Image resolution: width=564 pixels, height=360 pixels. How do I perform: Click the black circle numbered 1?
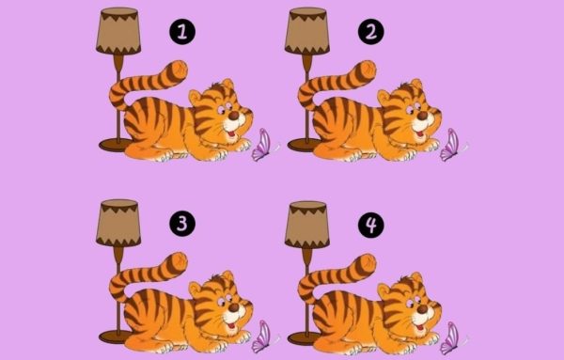182,32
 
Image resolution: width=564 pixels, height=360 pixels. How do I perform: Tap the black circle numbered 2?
371,32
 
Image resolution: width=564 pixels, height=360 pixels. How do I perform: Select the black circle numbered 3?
182,224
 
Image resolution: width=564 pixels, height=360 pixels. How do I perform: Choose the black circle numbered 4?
371,225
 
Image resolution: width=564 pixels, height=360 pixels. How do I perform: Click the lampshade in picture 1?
118,31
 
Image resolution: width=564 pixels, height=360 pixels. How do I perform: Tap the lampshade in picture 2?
306,31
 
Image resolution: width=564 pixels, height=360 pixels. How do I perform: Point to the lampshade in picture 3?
118,223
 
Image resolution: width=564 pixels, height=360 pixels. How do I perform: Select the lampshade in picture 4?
306,225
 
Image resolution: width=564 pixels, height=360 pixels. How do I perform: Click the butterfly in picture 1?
264,146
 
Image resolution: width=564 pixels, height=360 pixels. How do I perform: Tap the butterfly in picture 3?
264,337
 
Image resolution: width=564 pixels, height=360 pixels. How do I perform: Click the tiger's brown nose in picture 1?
234,116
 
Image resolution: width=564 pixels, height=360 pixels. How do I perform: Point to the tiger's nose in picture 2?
423,116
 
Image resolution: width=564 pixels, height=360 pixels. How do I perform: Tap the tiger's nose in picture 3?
234,307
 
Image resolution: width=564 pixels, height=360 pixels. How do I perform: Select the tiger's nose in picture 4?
423,309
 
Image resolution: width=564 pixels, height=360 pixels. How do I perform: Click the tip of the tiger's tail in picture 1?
181,68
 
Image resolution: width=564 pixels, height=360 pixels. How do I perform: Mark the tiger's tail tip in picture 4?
369,261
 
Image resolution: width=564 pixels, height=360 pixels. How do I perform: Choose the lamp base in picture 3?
115,337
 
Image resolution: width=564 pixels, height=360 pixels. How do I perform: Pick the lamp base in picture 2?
303,145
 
